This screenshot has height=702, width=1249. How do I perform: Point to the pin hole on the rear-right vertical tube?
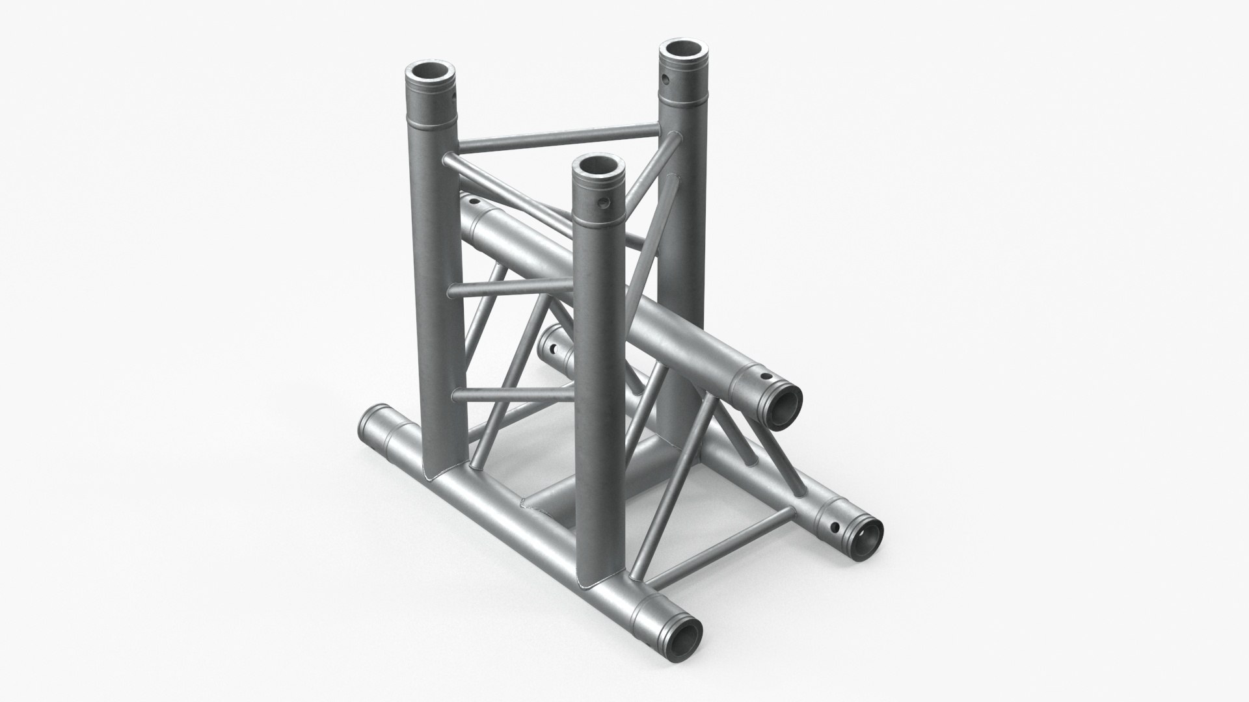pyautogui.click(x=665, y=80)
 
